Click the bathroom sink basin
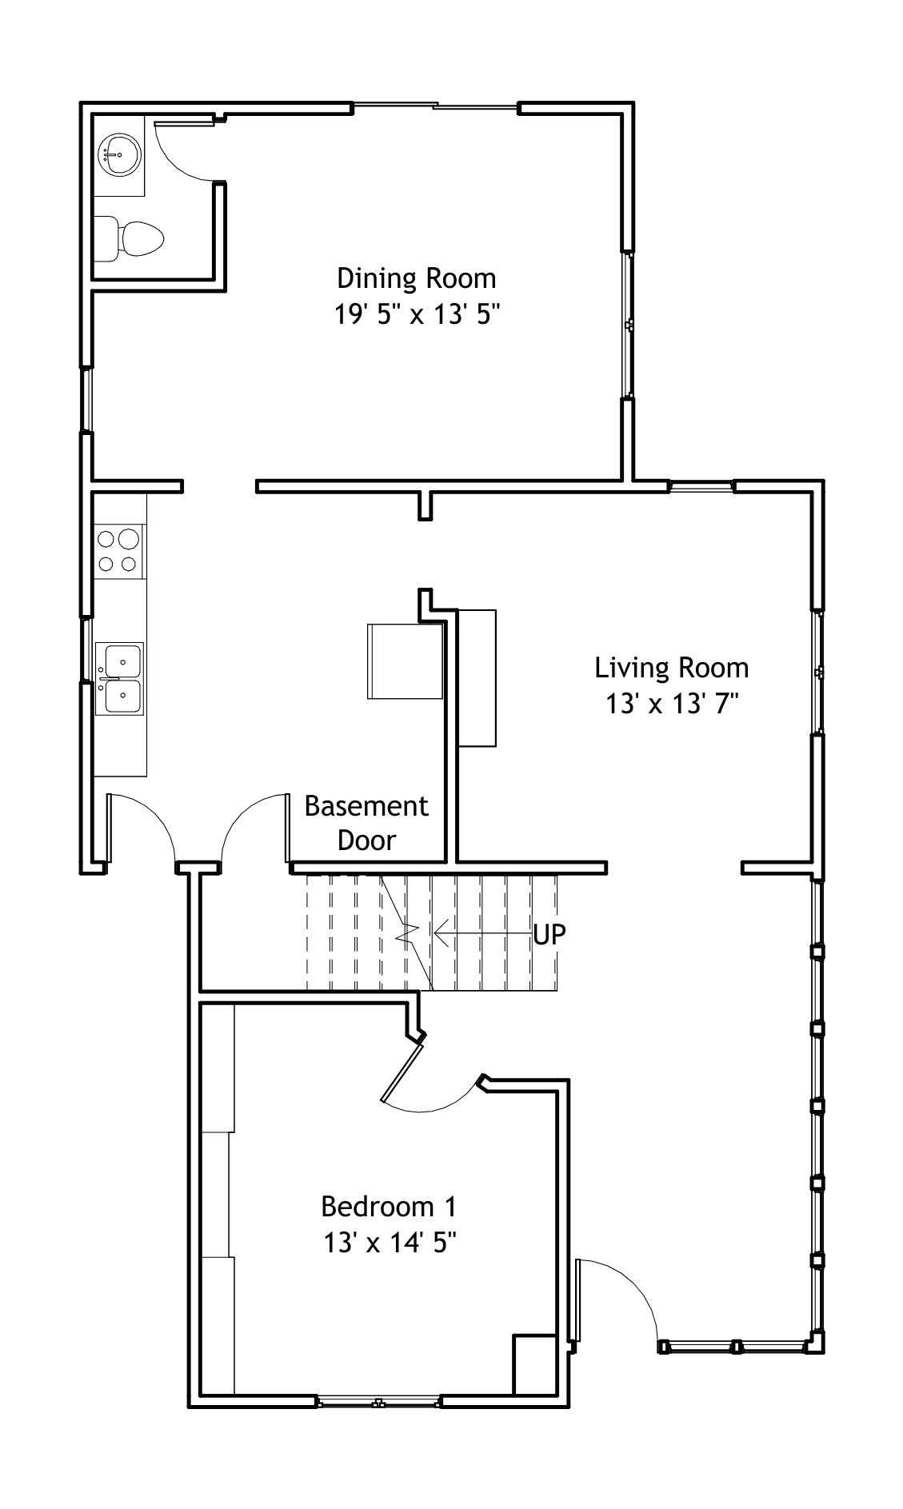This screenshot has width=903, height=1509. click(x=120, y=154)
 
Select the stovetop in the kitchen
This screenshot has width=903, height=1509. click(x=118, y=551)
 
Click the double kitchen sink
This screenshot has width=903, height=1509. click(x=119, y=678)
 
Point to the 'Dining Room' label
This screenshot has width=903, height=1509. click(x=416, y=278)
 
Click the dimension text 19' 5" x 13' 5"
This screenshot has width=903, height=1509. click(x=416, y=314)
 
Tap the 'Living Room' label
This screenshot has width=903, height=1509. click(x=671, y=667)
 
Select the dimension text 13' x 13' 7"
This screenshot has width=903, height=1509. click(x=671, y=703)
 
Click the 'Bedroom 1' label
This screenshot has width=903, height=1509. click(x=390, y=1206)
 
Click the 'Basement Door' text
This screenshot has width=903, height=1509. click(x=366, y=823)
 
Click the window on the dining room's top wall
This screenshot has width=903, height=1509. click(x=436, y=106)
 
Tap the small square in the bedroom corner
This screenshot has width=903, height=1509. click(x=534, y=1364)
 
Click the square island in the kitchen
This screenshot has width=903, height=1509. click(x=405, y=661)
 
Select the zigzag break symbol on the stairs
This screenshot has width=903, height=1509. click(x=408, y=933)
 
